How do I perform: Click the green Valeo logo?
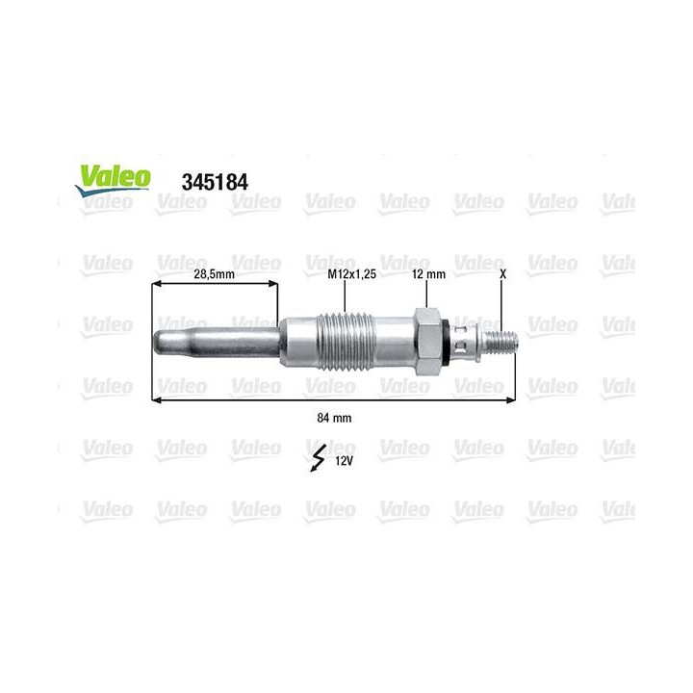[x=114, y=177]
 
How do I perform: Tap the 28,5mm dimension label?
[x=214, y=274]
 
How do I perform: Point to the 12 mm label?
[x=428, y=274]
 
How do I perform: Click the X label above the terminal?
[x=502, y=274]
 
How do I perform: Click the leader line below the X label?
[x=502, y=303]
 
